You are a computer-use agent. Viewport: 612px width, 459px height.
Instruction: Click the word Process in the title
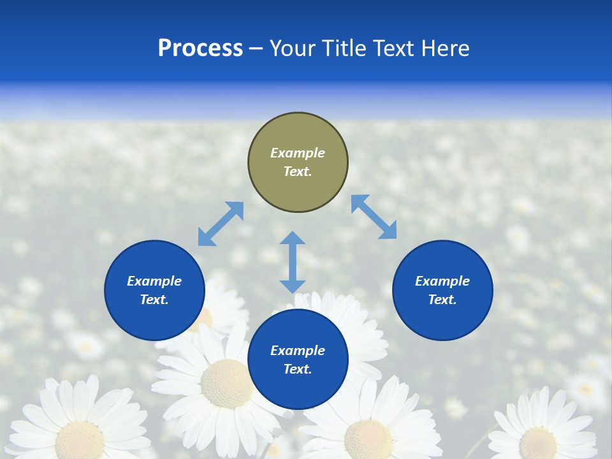(x=200, y=48)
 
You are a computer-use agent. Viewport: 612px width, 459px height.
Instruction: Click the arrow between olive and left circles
(x=221, y=224)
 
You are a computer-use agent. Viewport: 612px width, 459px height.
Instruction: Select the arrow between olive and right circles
(x=374, y=217)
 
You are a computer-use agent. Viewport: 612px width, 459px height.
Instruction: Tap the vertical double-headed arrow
(x=293, y=262)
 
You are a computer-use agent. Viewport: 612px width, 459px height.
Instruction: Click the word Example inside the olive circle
(x=298, y=153)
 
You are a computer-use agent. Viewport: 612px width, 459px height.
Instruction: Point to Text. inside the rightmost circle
(x=442, y=300)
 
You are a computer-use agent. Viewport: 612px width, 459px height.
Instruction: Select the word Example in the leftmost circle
(x=154, y=281)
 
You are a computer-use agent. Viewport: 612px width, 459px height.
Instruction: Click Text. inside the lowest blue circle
(x=298, y=369)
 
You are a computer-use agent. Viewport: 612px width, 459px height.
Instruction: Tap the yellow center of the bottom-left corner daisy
(x=80, y=440)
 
